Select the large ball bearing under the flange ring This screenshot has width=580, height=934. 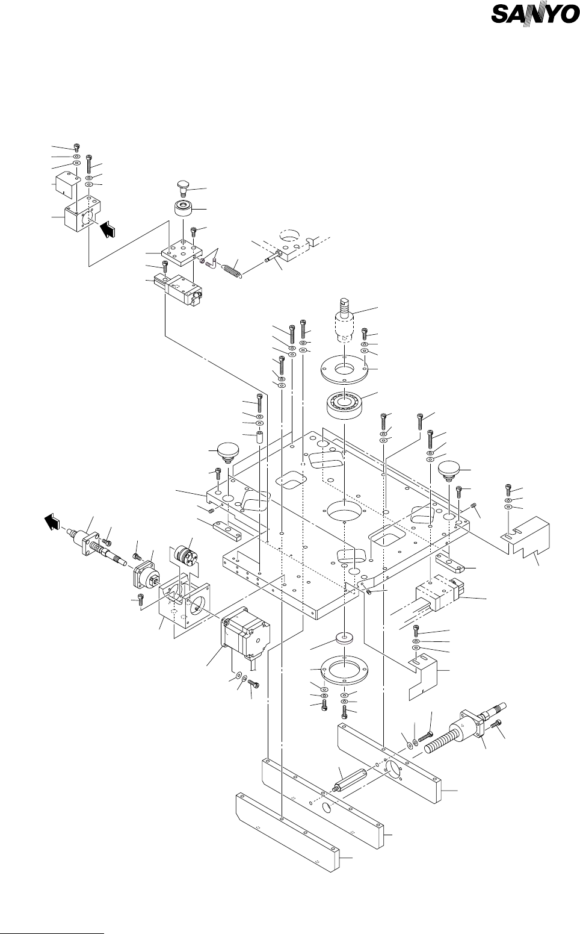tap(345, 403)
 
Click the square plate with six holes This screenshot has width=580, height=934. tap(182, 252)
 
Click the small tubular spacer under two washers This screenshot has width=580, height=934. tap(259, 439)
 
